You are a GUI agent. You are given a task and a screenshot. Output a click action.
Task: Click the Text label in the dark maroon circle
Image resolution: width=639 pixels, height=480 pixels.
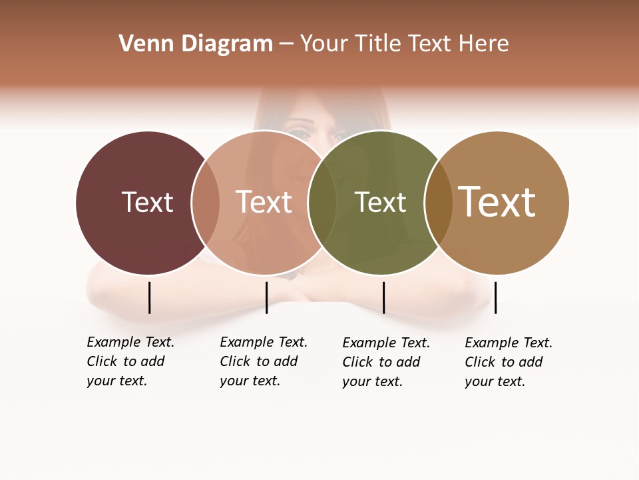click(147, 202)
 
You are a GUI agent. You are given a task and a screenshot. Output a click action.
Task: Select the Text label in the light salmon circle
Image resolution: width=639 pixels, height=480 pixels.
click(264, 202)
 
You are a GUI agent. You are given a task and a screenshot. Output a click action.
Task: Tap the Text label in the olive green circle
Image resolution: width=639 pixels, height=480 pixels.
click(380, 202)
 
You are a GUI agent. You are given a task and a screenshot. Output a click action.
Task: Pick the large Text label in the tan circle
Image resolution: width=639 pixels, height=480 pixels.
click(497, 201)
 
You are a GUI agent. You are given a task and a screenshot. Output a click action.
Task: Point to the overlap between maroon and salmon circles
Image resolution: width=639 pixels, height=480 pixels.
click(206, 203)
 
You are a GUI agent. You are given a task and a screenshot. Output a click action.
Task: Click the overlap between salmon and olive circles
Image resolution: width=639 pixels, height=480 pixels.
click(322, 203)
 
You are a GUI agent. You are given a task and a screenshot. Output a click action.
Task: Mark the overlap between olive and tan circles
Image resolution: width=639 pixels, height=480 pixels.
click(439, 203)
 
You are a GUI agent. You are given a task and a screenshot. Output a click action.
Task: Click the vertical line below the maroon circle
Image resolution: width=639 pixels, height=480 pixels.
click(149, 297)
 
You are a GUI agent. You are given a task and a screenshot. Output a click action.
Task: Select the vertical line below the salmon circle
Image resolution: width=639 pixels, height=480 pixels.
click(266, 297)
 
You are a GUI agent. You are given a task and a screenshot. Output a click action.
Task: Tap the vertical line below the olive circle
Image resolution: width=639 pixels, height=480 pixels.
click(383, 297)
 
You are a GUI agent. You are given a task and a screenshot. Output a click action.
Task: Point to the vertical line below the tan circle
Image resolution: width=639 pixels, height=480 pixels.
click(495, 297)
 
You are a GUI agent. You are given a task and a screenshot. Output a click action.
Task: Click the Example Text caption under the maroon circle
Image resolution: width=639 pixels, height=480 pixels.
click(130, 361)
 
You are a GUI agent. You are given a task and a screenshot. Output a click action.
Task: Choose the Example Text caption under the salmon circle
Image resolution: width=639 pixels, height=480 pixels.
click(264, 361)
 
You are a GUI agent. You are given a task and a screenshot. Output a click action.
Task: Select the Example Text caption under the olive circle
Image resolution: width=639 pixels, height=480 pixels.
click(386, 362)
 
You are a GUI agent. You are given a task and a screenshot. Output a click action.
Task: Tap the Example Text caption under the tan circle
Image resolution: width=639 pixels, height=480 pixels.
click(509, 362)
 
